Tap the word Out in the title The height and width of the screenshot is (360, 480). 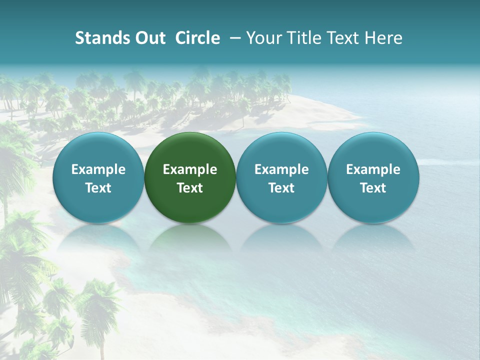click(149, 38)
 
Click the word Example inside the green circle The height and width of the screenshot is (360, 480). click(190, 169)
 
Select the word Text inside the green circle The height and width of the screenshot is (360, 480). click(190, 188)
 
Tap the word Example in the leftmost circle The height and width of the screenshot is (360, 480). click(98, 169)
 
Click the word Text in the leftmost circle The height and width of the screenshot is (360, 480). click(98, 188)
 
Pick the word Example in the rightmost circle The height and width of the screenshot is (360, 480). click(373, 169)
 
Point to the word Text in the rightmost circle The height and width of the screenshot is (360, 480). click(373, 188)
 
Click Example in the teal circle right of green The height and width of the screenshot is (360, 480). click(281, 169)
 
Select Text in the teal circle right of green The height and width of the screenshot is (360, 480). click(281, 188)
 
